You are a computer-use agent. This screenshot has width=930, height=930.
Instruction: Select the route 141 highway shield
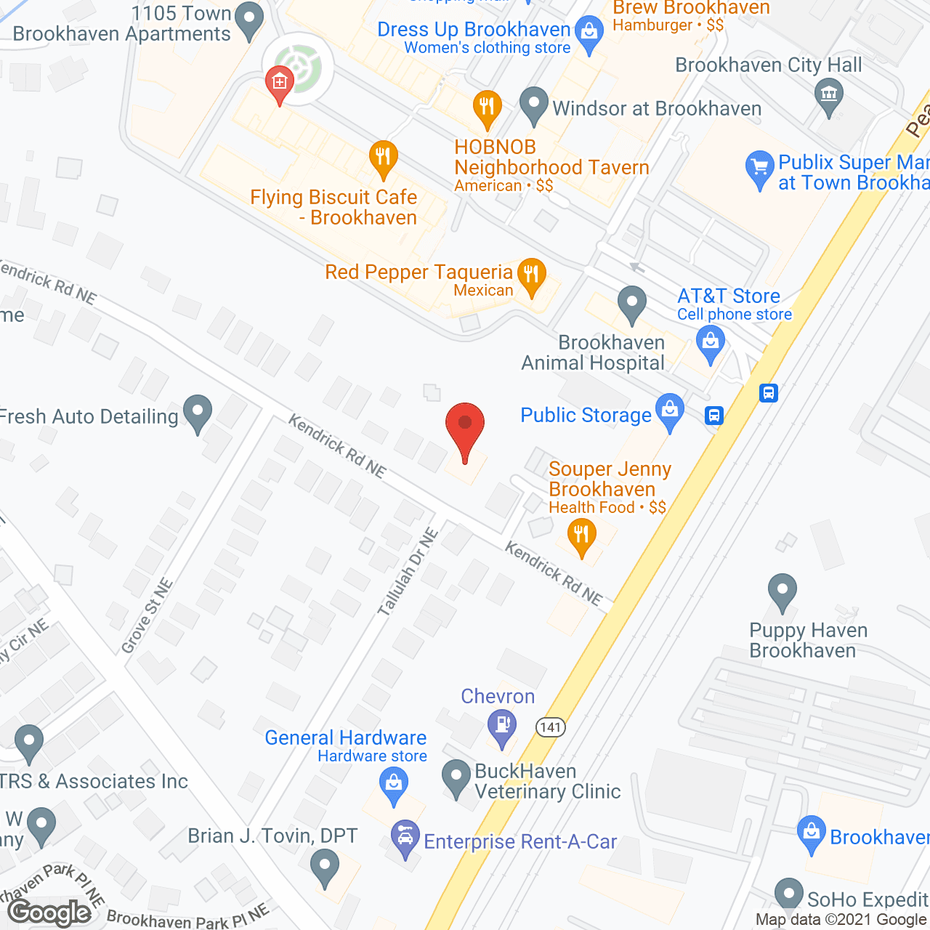coord(551,727)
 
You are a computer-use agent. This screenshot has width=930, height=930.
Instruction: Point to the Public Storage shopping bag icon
coord(669,412)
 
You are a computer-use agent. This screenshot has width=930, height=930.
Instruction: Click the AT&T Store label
coord(729,296)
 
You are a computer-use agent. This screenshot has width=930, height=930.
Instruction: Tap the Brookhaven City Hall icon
coord(828,95)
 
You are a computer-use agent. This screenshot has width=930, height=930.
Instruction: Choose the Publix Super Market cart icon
coord(759,168)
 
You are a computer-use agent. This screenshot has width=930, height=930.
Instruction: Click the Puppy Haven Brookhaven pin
coord(782,591)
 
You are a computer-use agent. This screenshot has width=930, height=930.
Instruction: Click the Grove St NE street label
coord(147,616)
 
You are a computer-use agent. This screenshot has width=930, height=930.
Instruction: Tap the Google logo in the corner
coord(49,913)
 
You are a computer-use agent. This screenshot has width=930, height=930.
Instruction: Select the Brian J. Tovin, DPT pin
coord(324,867)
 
